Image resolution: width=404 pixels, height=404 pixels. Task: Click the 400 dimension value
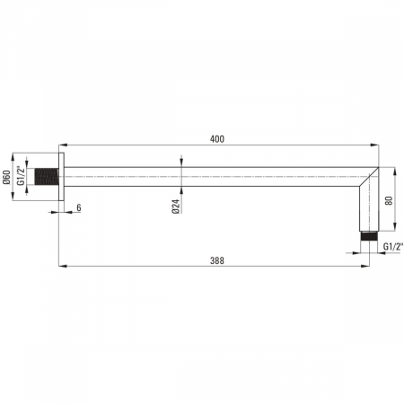click(x=217, y=139)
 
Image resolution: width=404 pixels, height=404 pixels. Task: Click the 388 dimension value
click(x=217, y=260)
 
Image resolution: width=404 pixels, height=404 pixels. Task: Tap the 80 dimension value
click(x=389, y=200)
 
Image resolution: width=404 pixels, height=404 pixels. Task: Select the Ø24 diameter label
click(x=176, y=206)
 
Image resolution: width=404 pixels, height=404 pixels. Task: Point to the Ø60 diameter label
click(x=7, y=177)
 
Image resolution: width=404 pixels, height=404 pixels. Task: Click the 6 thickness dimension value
click(x=79, y=207)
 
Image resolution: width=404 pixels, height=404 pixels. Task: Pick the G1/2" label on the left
click(x=21, y=176)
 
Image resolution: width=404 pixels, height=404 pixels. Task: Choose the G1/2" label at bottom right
click(x=393, y=247)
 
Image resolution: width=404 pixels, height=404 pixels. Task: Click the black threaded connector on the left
click(x=47, y=176)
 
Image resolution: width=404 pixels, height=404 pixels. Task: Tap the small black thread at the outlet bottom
click(x=369, y=235)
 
